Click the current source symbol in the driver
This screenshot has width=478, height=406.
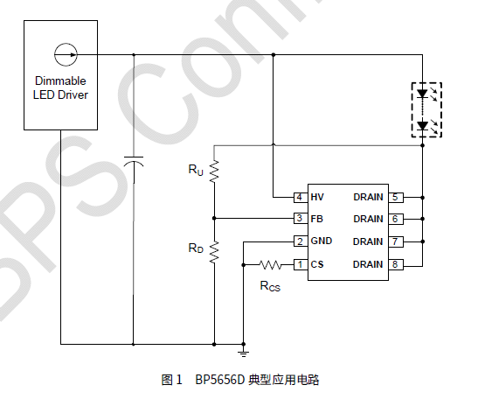coord(66,54)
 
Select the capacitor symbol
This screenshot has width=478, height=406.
coord(133,164)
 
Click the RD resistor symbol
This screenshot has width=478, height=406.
coord(214,250)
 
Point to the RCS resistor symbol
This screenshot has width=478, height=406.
coord(269,264)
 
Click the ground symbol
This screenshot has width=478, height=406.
coord(244,353)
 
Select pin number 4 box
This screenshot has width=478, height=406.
coord(299,197)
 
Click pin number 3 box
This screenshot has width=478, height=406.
coord(299,219)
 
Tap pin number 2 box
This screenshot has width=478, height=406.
coord(299,241)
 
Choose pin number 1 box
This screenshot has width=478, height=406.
coord(299,264)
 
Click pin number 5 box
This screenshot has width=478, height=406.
coord(396,197)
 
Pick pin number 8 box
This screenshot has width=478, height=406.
coord(396,264)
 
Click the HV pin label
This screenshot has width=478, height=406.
coord(317,197)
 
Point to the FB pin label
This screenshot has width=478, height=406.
coord(316,219)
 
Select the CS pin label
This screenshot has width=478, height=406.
coord(316,264)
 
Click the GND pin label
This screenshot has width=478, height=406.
coord(321,241)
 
